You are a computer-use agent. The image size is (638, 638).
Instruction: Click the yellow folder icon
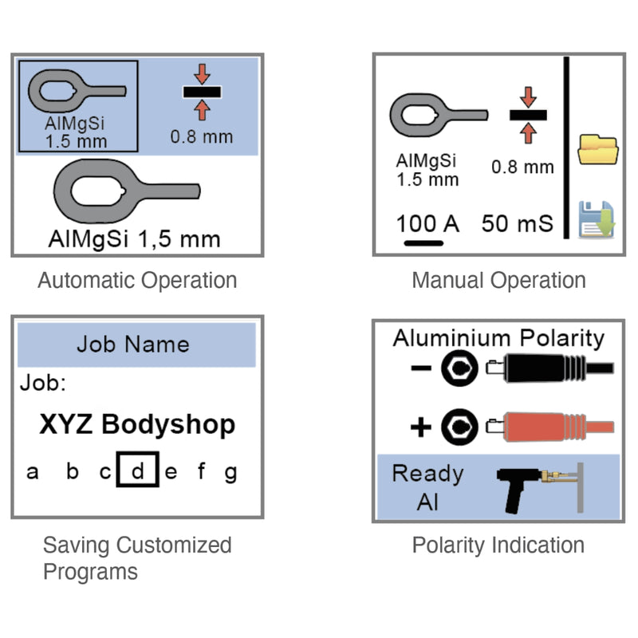coord(598,151)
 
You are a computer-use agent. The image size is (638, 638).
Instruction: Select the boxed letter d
coord(137,471)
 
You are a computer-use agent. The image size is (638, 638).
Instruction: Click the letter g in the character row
coord(230,472)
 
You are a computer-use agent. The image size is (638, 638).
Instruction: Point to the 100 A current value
coord(428,223)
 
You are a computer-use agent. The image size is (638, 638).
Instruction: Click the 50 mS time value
coord(517,223)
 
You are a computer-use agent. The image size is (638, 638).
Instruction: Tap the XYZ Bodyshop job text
coord(137,424)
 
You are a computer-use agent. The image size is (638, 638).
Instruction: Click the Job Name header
coord(133,345)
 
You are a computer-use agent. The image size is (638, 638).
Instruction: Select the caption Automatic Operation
coord(137,281)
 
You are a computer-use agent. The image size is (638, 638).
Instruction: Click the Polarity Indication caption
coord(498,545)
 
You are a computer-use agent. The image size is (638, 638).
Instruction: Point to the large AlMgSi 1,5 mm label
coord(135,238)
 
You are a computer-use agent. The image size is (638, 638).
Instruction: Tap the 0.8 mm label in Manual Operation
coord(522,167)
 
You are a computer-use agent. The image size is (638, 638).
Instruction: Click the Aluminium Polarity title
coord(498,338)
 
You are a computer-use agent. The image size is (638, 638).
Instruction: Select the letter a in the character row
coord(33,472)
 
